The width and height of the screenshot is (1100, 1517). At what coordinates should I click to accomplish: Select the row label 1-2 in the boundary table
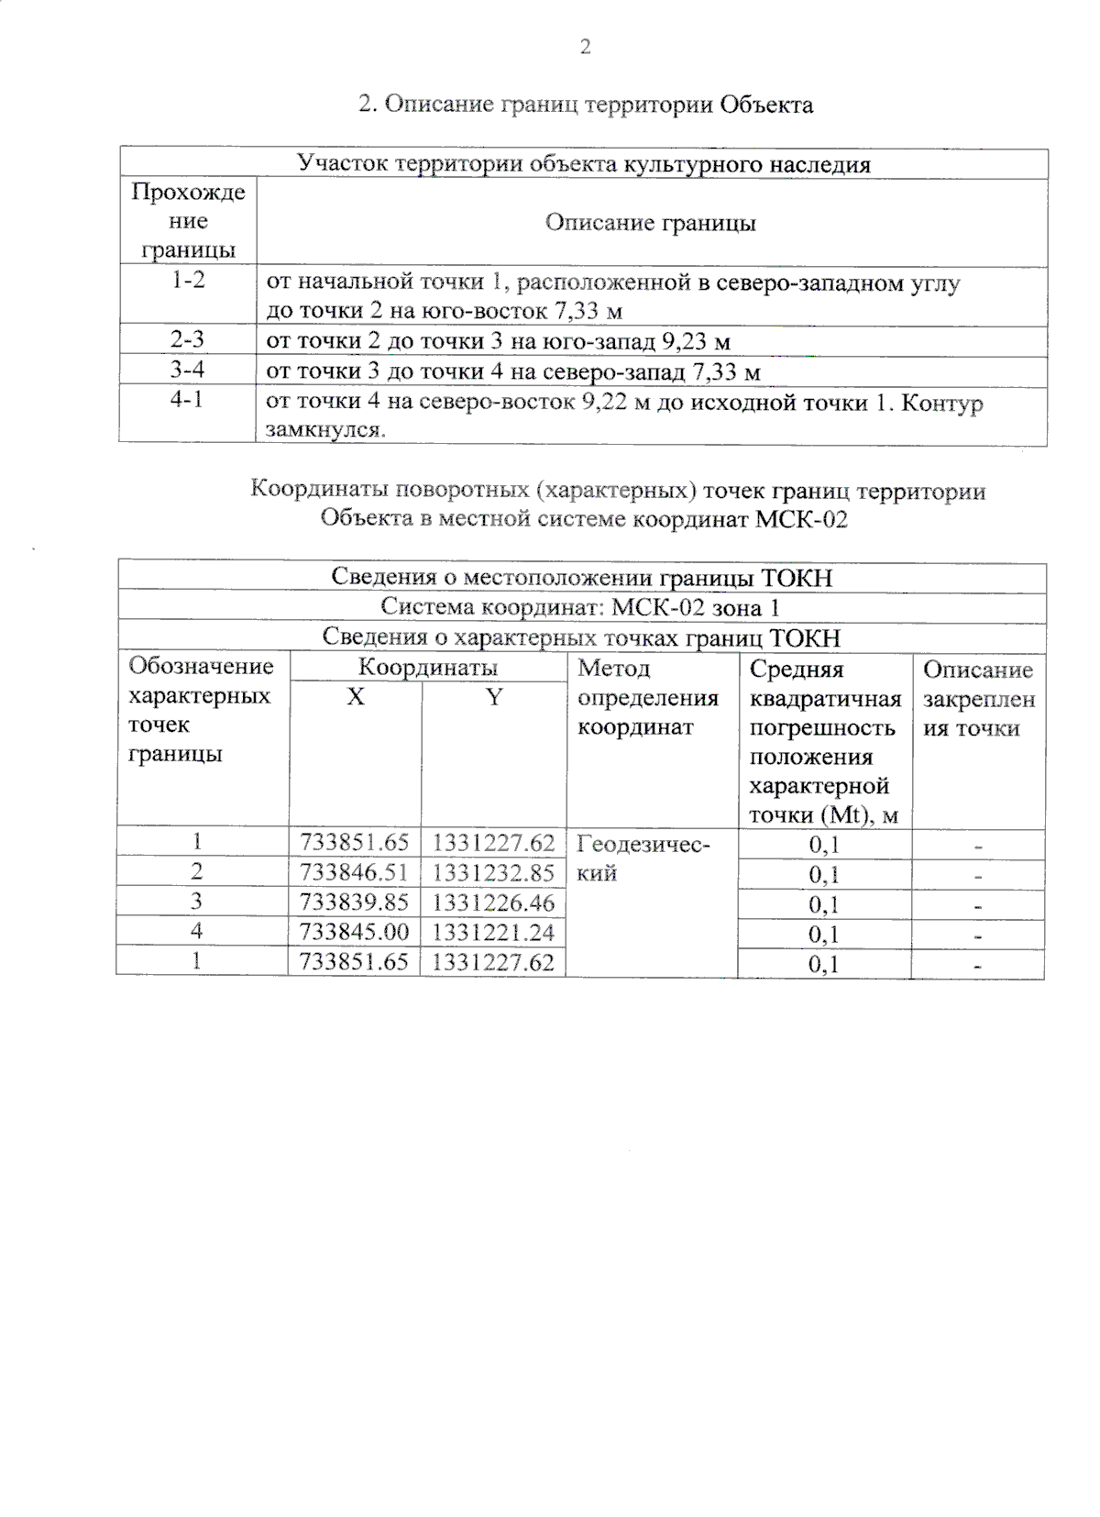188,281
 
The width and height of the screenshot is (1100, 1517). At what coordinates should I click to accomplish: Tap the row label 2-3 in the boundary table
188,340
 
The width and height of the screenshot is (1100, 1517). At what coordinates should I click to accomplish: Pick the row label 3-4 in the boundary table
188,371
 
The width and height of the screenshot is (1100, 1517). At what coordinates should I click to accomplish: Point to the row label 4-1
188,401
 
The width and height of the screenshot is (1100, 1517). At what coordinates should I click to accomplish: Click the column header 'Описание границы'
650,223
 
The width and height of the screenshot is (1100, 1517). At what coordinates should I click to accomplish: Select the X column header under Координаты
355,697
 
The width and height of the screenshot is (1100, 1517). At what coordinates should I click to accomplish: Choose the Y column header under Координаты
493,697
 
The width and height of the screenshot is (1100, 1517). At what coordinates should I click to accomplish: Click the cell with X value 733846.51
355,872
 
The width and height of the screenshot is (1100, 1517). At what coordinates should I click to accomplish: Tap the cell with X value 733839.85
355,902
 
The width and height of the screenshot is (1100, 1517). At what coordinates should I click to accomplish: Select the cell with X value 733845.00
355,932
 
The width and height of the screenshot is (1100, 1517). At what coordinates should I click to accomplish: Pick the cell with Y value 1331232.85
493,872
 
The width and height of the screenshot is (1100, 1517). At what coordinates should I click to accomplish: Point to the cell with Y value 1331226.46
493,902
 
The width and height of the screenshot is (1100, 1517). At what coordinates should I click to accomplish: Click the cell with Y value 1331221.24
493,932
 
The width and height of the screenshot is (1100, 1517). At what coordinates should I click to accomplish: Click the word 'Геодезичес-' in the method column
643,843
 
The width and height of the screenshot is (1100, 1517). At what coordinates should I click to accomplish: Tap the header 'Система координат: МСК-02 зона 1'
581,607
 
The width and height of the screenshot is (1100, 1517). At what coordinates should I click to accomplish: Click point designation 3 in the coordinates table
196,902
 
